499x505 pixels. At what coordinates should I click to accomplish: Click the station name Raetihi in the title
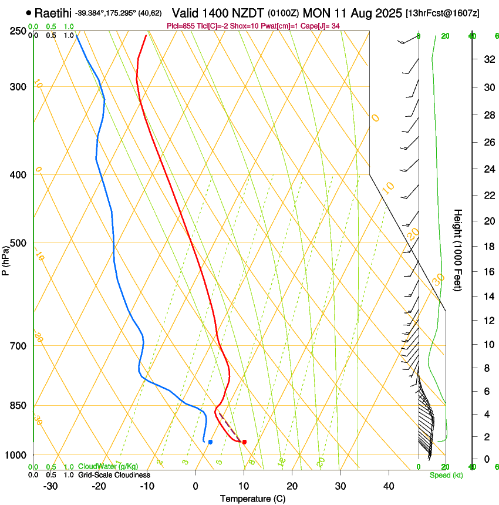click(x=53, y=13)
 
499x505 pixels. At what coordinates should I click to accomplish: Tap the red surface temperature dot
click(x=244, y=442)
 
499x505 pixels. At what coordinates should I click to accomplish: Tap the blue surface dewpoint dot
click(x=210, y=442)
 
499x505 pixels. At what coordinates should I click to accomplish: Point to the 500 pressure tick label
click(x=18, y=243)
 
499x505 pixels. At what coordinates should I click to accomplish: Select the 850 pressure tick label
click(x=18, y=406)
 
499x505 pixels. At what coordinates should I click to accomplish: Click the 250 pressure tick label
click(x=18, y=31)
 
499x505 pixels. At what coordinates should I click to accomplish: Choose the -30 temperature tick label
click(x=50, y=486)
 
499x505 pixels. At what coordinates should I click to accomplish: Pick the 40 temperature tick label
click(x=388, y=486)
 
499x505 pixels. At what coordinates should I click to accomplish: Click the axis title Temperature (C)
click(x=252, y=499)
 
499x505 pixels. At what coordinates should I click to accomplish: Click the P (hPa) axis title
click(x=5, y=258)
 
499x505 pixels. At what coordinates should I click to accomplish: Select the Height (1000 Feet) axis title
click(x=458, y=250)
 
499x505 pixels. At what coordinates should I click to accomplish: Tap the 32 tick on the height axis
click(x=487, y=59)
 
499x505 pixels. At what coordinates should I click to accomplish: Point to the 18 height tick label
click(x=487, y=247)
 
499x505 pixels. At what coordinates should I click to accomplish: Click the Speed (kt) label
click(x=446, y=475)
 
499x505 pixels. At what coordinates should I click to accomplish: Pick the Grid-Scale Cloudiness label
click(x=114, y=475)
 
